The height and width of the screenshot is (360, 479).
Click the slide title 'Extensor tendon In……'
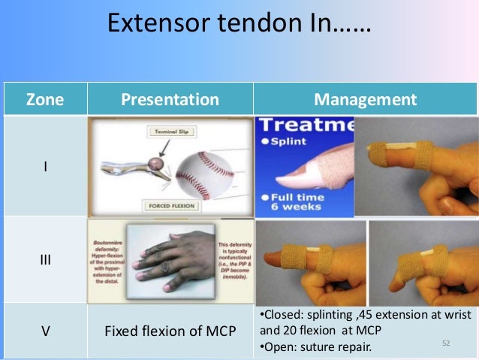pyautogui.click(x=239, y=24)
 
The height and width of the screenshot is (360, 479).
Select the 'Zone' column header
pyautogui.click(x=45, y=99)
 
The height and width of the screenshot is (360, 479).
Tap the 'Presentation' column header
pyautogui.click(x=170, y=99)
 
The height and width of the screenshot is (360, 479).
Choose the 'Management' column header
pyautogui.click(x=365, y=99)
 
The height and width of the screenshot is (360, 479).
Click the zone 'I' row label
pyautogui.click(x=45, y=166)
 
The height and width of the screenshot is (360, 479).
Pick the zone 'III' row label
pyautogui.click(x=45, y=259)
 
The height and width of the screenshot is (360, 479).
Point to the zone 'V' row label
pyautogui.click(x=45, y=331)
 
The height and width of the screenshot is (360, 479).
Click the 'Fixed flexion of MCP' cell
pyautogui.click(x=170, y=331)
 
